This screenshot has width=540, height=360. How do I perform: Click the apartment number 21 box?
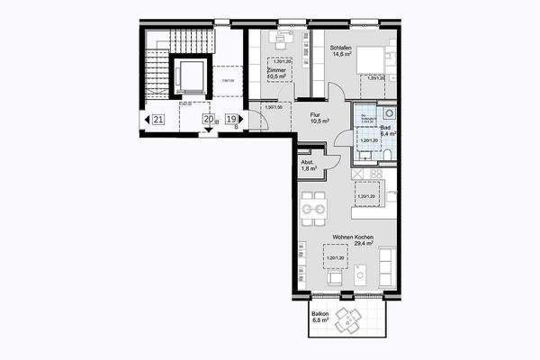(x=157, y=119)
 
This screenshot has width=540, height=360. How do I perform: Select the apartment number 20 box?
(x=208, y=119)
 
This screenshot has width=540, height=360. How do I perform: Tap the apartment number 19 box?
(x=231, y=119)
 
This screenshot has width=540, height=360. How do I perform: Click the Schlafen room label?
(x=341, y=48)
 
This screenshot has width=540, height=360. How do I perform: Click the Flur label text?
(x=316, y=115)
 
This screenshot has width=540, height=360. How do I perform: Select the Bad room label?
(x=385, y=130)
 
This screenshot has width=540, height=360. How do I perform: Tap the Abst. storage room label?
(x=307, y=162)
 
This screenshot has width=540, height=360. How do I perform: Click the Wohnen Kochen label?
(x=353, y=236)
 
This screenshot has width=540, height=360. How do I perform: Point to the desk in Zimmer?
(x=280, y=39)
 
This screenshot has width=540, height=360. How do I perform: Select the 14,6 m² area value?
(x=341, y=55)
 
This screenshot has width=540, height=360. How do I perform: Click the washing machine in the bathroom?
(x=388, y=113)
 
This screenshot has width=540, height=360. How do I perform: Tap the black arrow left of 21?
(x=145, y=119)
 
